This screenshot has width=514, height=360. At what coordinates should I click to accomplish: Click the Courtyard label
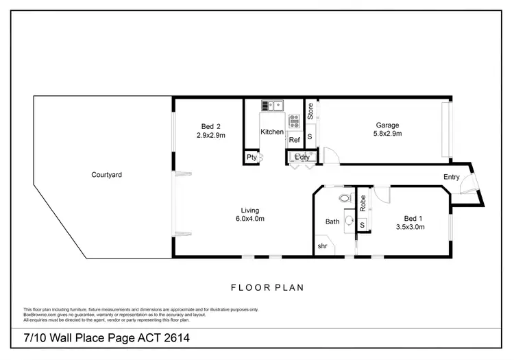click(106, 175)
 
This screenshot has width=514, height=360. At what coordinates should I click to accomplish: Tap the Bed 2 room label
click(211, 125)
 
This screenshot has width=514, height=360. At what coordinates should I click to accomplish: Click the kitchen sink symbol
click(272, 106)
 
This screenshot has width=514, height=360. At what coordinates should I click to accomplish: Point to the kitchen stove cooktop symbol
click(294, 122)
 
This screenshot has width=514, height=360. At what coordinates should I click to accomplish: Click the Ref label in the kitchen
click(294, 140)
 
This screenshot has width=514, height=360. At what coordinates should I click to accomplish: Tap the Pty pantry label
click(252, 158)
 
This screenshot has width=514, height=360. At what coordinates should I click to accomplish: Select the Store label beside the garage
click(310, 111)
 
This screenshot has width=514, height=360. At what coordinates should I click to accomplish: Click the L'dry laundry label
click(302, 158)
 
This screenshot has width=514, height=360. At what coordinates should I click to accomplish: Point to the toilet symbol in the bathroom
click(344, 199)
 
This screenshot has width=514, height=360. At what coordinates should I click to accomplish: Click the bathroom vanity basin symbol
click(350, 221)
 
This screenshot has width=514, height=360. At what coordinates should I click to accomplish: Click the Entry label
click(452, 177)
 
